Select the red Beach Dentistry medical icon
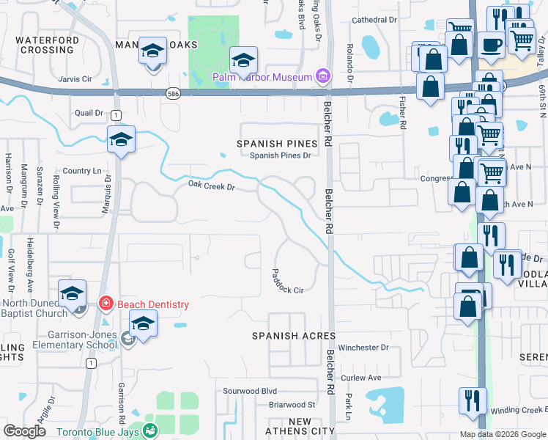(105, 303)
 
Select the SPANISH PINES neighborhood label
(277, 144)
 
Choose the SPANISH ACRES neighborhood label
(294, 336)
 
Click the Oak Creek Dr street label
(211, 187)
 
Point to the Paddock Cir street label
(287, 280)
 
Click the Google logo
(25, 431)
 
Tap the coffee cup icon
(492, 45)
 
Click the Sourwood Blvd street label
(250, 392)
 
